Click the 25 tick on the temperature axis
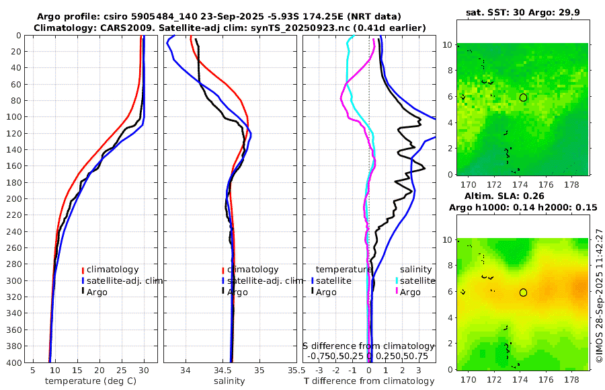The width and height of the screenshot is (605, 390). tap(122, 370)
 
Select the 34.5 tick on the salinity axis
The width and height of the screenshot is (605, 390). tap(231, 370)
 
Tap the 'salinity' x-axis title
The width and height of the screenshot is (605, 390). tap(229, 381)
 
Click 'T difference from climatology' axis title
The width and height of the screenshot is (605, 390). tap(369, 381)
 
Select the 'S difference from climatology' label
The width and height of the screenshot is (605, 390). tap(369, 346)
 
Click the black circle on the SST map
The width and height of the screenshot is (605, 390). tap(523, 97)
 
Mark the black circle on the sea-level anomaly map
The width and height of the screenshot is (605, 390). tap(523, 292)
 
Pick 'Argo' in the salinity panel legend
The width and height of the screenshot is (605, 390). tap(237, 292)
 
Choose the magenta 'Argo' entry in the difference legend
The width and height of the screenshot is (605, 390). tap(410, 292)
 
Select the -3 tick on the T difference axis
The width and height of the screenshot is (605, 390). tap(319, 370)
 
